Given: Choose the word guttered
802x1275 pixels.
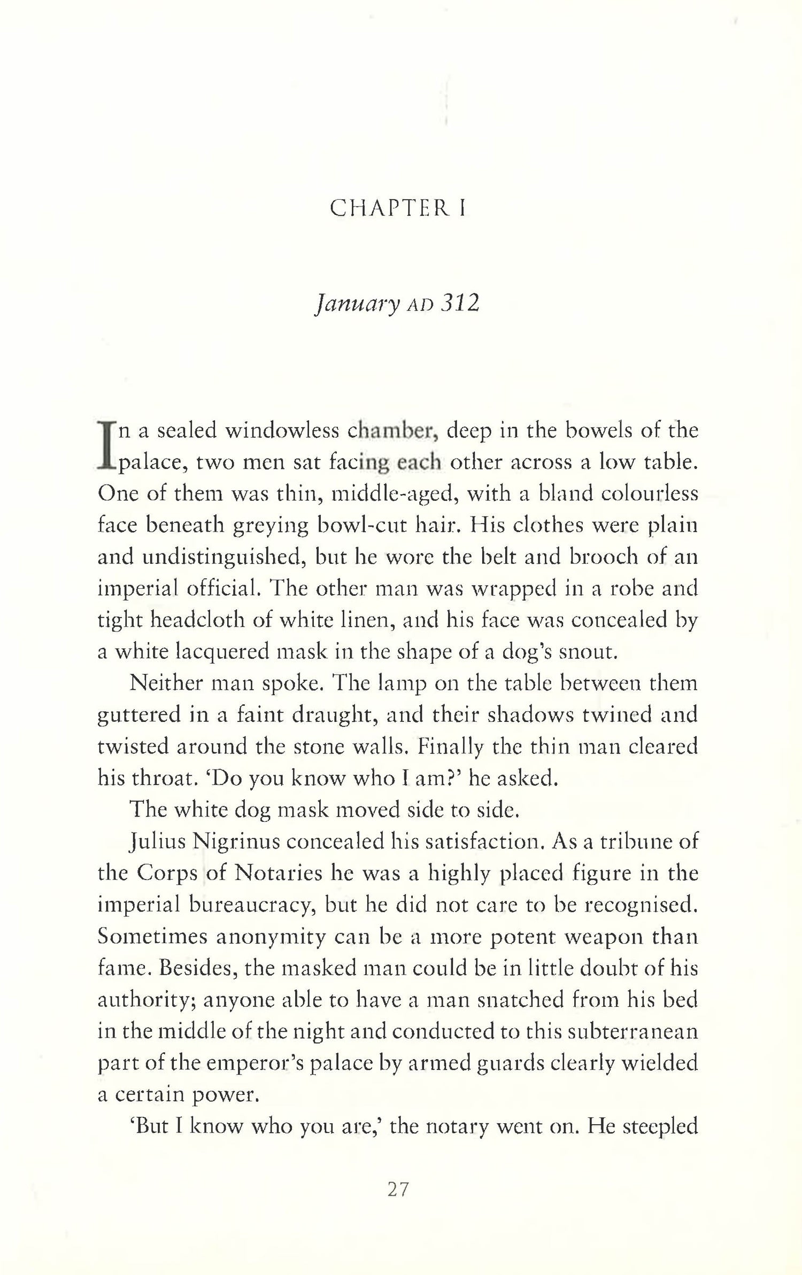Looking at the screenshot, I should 143,716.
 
